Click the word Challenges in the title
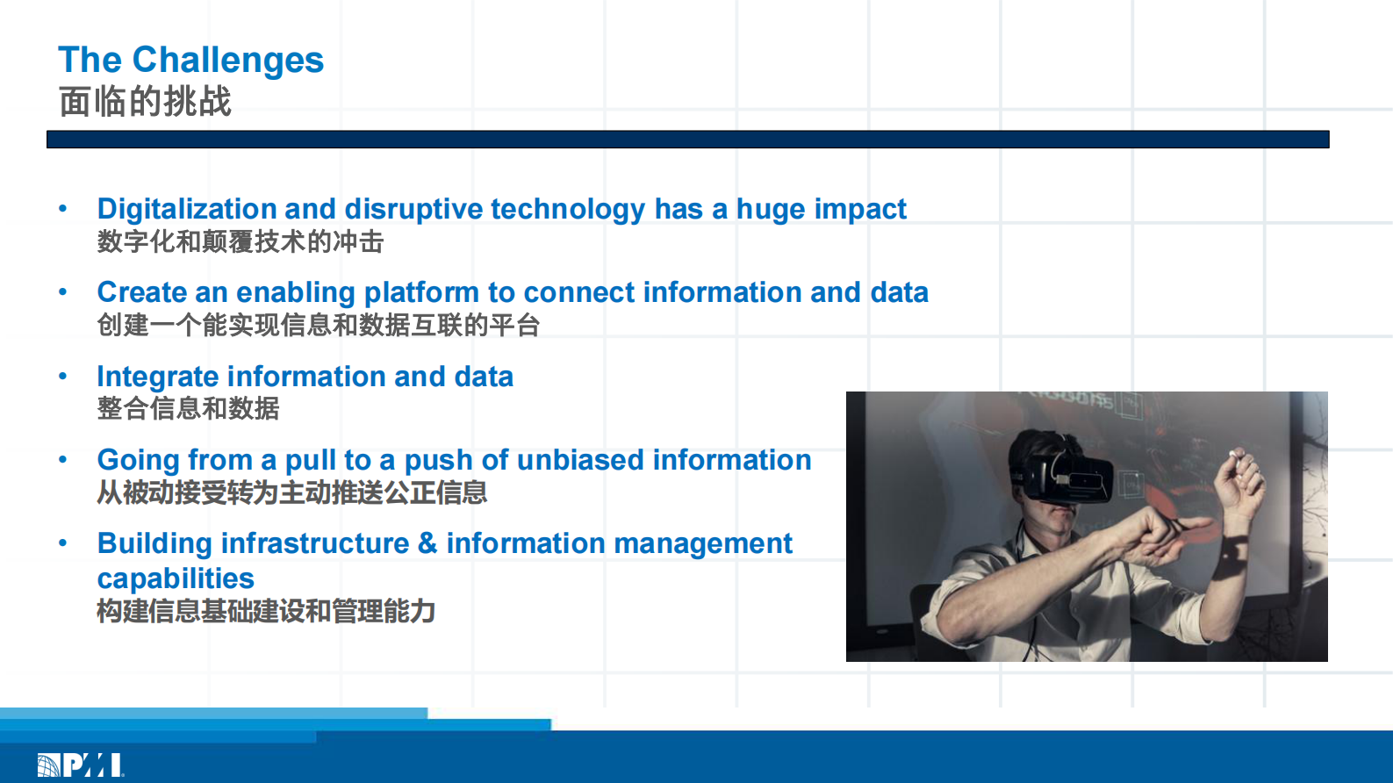pyautogui.click(x=227, y=61)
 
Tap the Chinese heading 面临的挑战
pyautogui.click(x=145, y=101)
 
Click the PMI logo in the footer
pyautogui.click(x=80, y=765)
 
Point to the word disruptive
pyautogui.click(x=413, y=210)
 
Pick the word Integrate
pyautogui.click(x=157, y=377)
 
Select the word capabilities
pyautogui.click(x=176, y=579)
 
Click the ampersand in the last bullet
pyautogui.click(x=427, y=543)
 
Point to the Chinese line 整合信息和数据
pyautogui.click(x=188, y=408)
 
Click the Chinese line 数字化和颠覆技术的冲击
pyautogui.click(x=240, y=241)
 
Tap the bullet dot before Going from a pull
pyautogui.click(x=63, y=460)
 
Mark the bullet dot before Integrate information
pyautogui.click(x=63, y=376)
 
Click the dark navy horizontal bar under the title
pyautogui.click(x=688, y=140)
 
